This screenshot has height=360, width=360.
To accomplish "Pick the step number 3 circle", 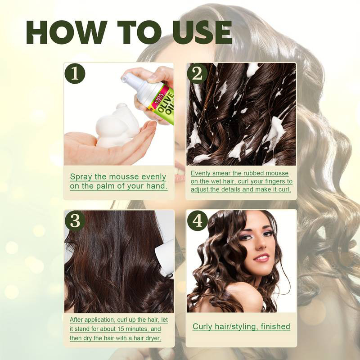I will tap(74, 221).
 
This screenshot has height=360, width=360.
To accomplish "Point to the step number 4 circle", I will tap(197, 221).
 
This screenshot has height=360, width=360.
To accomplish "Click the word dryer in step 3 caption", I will tap(152, 338).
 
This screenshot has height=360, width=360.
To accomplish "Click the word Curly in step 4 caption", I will tap(203, 326).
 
